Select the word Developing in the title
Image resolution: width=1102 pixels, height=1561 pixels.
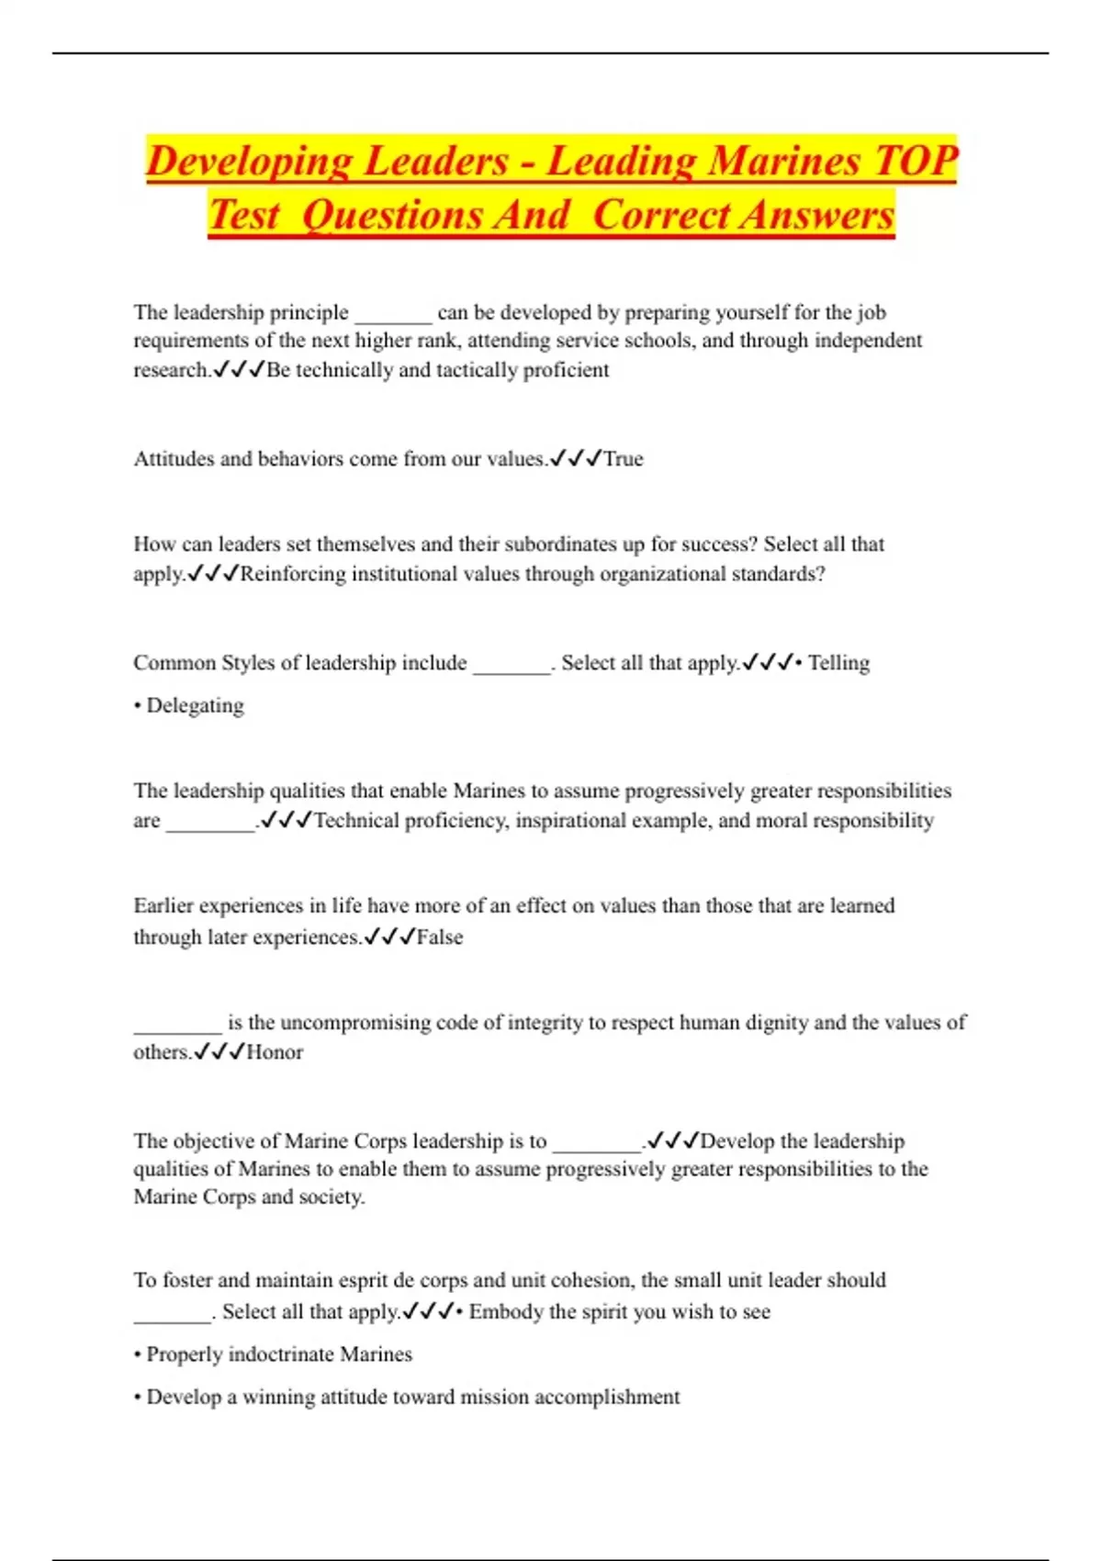pyautogui.click(x=249, y=161)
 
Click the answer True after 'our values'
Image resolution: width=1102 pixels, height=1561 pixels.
pyautogui.click(x=624, y=458)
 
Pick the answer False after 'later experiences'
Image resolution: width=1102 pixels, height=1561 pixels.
pyautogui.click(x=440, y=937)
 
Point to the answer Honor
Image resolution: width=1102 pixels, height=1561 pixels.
pyautogui.click(x=275, y=1051)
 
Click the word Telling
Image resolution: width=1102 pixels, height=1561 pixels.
pyautogui.click(x=838, y=662)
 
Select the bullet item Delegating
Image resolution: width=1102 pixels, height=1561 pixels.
pyautogui.click(x=195, y=705)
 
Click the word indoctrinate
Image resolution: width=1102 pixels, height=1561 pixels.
pyautogui.click(x=281, y=1353)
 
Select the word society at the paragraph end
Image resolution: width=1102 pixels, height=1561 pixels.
pyautogui.click(x=331, y=1196)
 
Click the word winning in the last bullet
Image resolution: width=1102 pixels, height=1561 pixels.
pyautogui.click(x=276, y=1397)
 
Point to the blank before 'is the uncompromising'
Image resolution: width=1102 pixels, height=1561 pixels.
pyautogui.click(x=177, y=1024)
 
